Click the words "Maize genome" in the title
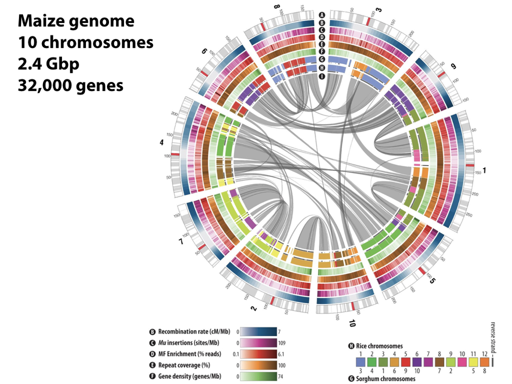point(76,21)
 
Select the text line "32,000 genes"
point(71,85)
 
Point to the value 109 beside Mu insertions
point(283,343)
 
